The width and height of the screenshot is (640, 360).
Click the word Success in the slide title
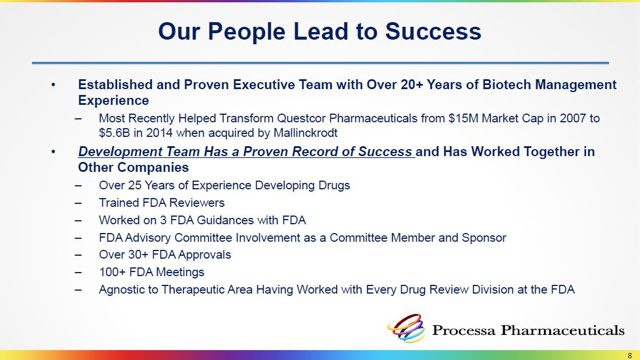coord(433,31)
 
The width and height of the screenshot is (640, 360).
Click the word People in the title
coord(246,32)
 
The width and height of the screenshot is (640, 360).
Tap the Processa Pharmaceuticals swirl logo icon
coord(406,328)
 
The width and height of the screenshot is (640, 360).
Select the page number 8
coord(630,355)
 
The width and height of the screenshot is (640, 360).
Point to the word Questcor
coord(301,118)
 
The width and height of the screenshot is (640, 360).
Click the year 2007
coord(572,118)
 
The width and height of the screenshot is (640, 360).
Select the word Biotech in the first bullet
coord(507,84)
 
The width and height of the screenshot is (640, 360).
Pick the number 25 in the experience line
coord(135,185)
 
